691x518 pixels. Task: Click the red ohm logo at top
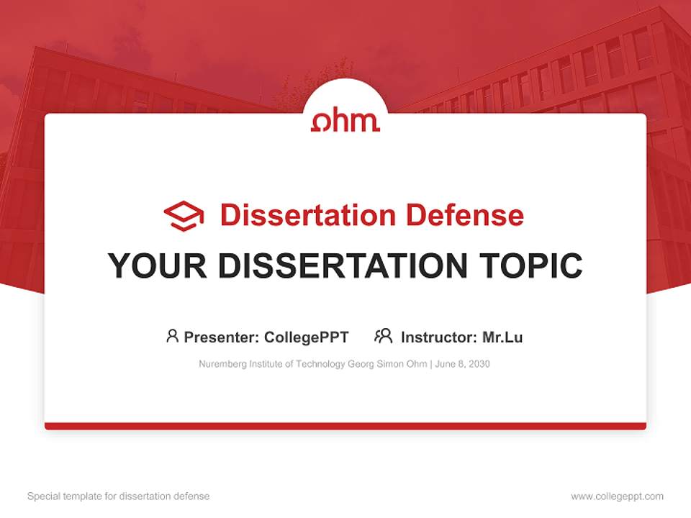click(345, 120)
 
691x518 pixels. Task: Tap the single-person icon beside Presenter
click(172, 336)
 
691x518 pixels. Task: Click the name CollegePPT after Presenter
click(306, 337)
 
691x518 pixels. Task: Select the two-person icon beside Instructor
click(383, 336)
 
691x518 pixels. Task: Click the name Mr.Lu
click(502, 337)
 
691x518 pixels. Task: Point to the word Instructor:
click(439, 337)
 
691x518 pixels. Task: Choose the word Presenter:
click(222, 337)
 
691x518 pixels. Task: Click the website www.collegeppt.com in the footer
click(617, 496)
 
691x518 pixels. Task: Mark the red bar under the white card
click(345, 426)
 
